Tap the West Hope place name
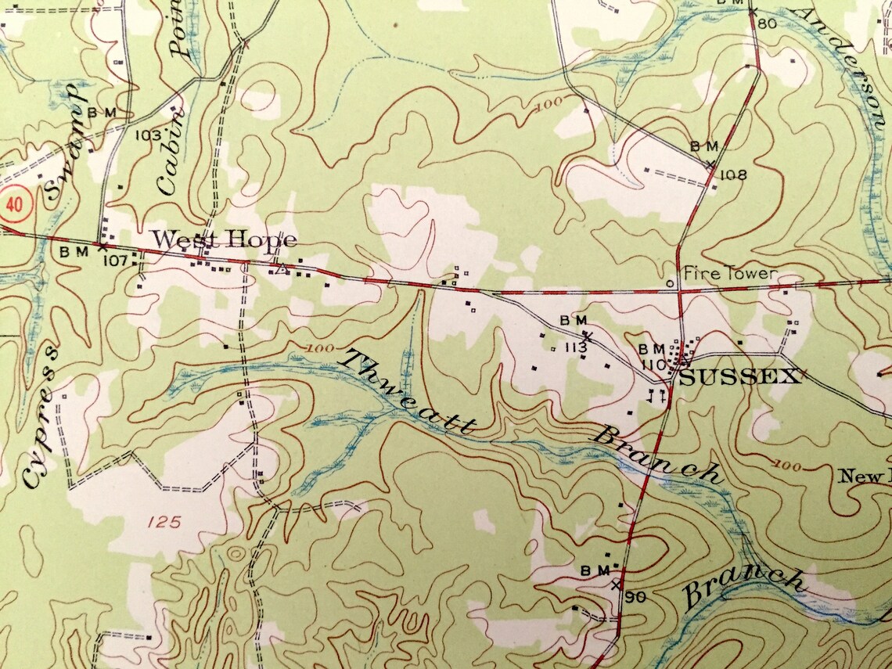[x=224, y=239]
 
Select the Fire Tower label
[x=730, y=273]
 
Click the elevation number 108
[x=734, y=174]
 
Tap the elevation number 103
[x=148, y=135]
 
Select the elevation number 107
[x=115, y=261]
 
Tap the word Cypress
[x=43, y=426]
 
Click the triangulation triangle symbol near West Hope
[x=279, y=270]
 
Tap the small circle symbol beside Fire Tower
[x=670, y=282]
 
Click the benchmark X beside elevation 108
[x=710, y=164]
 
